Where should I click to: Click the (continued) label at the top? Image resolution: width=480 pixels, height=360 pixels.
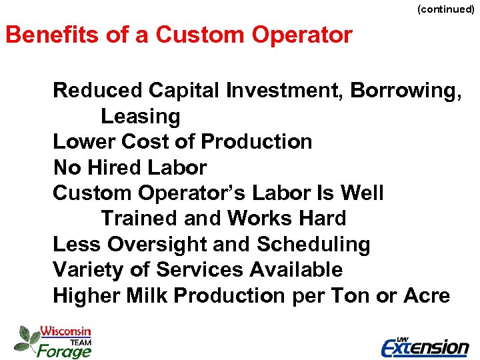coord(445,9)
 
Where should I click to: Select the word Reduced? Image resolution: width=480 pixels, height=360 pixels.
coord(98,90)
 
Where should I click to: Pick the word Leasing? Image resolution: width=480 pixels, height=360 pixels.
coord(140,117)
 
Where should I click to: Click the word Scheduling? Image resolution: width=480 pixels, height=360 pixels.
coord(313,245)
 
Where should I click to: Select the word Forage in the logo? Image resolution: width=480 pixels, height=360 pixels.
coord(63,350)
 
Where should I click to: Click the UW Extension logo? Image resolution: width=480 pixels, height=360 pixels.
coord(425,346)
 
